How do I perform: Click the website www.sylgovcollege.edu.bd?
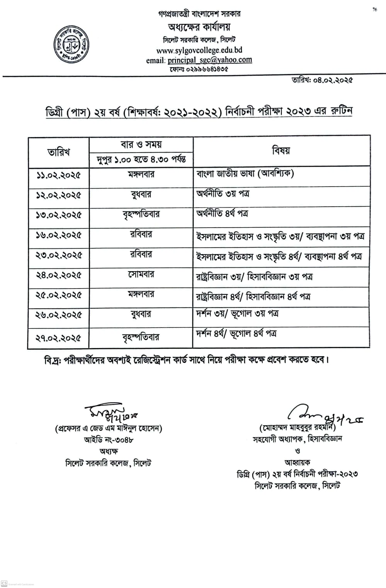[x=199, y=50]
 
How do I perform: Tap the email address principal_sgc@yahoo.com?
[x=209, y=60]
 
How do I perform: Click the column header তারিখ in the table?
[x=59, y=152]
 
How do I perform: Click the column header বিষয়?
[x=281, y=151]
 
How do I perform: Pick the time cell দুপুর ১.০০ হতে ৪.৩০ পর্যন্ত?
[x=141, y=159]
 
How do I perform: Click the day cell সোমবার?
[x=141, y=274]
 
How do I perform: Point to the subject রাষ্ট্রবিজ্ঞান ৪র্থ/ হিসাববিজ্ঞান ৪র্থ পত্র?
[x=253, y=297]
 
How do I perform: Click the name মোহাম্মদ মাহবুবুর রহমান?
[x=298, y=428]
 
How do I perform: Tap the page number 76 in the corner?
[x=374, y=10]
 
